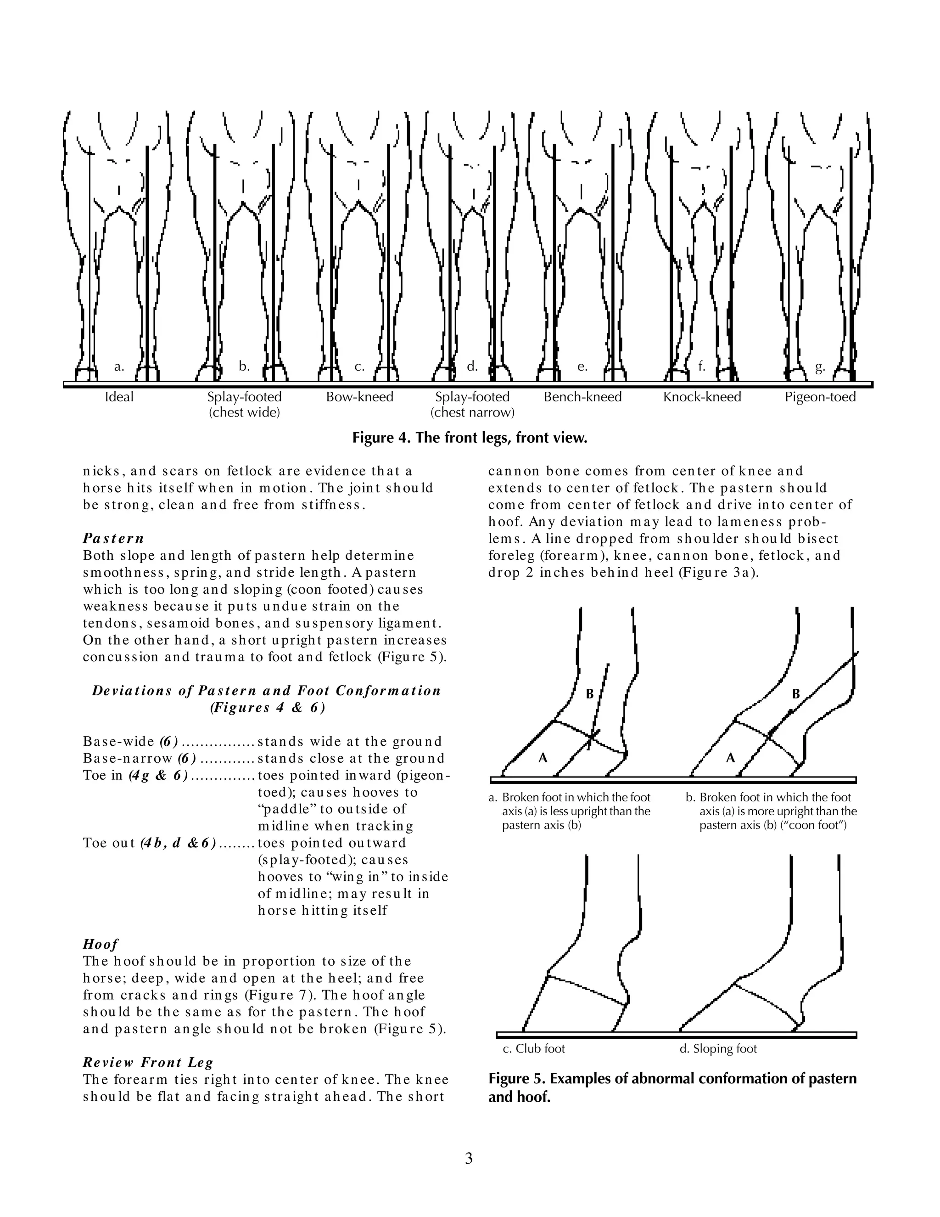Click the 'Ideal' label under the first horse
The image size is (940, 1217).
click(x=119, y=397)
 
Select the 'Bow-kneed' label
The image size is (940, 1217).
click(x=360, y=397)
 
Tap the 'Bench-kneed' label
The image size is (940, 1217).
click(x=582, y=397)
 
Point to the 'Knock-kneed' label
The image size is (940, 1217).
click(x=702, y=397)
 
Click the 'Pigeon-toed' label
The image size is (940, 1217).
click(x=820, y=397)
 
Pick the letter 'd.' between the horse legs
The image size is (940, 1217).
click(x=472, y=366)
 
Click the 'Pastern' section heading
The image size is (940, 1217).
click(x=114, y=538)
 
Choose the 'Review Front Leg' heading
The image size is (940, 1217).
click(x=148, y=1062)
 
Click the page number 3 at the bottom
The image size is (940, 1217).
click(x=469, y=1159)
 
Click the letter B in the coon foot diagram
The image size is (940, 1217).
click(x=796, y=694)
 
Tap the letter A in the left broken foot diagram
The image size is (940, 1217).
click(x=543, y=757)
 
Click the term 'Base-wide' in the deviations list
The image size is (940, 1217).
click(x=118, y=742)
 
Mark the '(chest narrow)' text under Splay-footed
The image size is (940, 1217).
click(x=472, y=413)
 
